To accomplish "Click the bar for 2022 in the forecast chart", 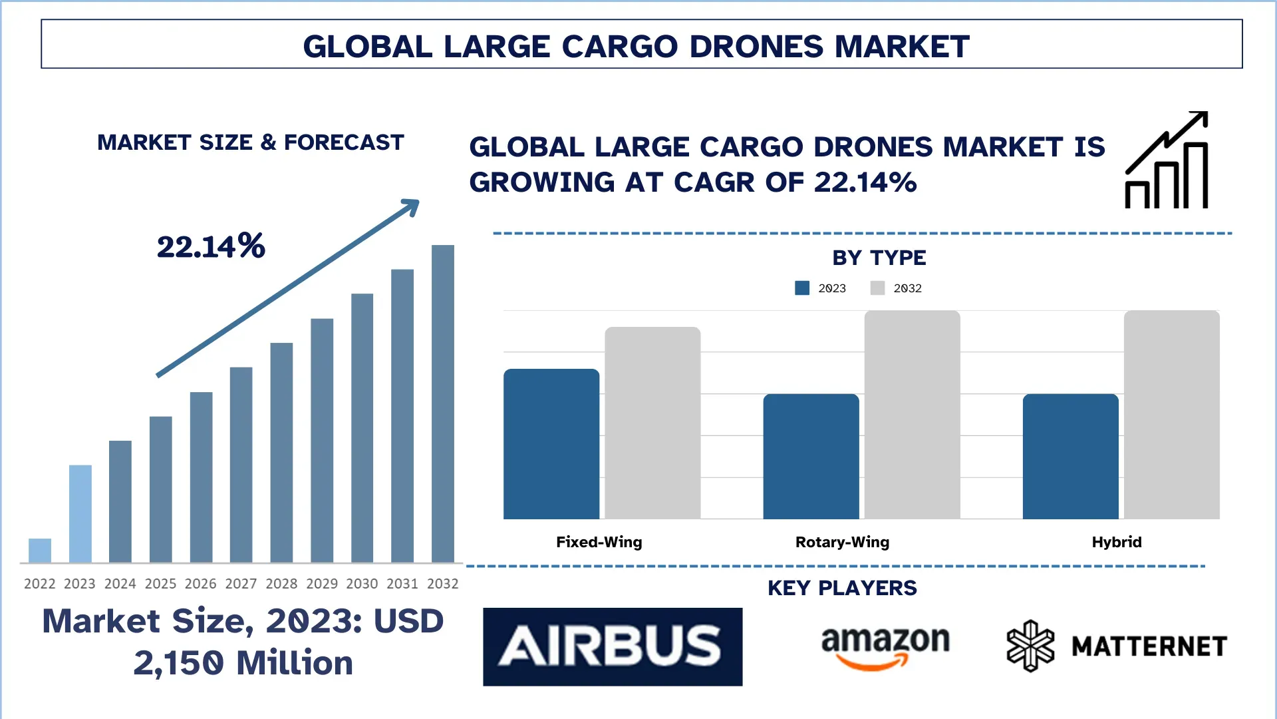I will pyautogui.click(x=40, y=551).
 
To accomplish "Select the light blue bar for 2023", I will pyautogui.click(x=80, y=513).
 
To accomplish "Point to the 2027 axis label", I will pyautogui.click(x=241, y=584).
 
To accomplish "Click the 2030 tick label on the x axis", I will pyautogui.click(x=362, y=584).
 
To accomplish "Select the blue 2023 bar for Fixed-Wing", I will pyautogui.click(x=551, y=444).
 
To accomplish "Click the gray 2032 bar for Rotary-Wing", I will pyautogui.click(x=912, y=415).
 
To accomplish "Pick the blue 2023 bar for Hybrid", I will pyautogui.click(x=1070, y=457).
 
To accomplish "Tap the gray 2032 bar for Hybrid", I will pyautogui.click(x=1171, y=415).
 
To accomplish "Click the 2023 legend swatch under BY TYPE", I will pyautogui.click(x=802, y=288).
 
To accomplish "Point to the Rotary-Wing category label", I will pyautogui.click(x=842, y=542).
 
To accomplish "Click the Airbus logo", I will pyautogui.click(x=613, y=646).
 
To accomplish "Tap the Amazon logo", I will pyautogui.click(x=885, y=646).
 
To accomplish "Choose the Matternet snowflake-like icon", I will pyautogui.click(x=1030, y=646).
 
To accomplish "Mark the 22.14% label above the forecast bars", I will pyautogui.click(x=211, y=246).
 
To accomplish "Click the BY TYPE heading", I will pyautogui.click(x=879, y=258).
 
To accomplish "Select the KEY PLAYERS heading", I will pyautogui.click(x=842, y=588).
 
